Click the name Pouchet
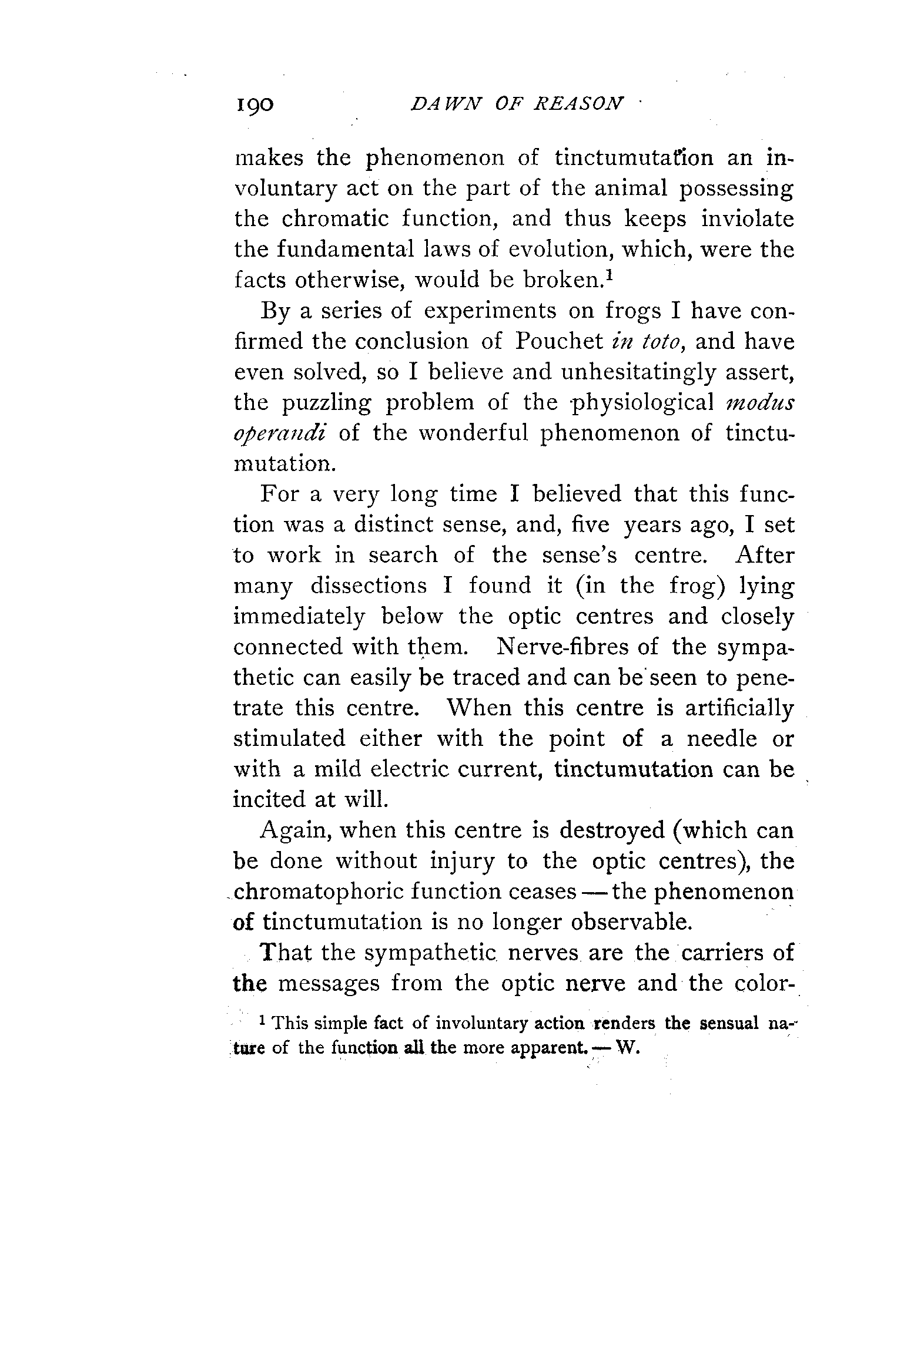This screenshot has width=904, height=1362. coord(558,342)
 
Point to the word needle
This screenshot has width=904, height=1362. coord(722,739)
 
